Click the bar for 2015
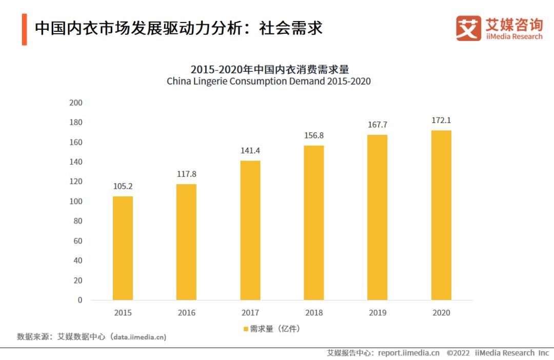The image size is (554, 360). (123, 248)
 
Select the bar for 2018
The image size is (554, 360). (314, 223)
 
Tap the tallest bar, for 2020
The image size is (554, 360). (441, 215)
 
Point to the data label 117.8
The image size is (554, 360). (186, 174)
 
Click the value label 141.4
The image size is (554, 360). (250, 151)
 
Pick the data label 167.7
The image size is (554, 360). (378, 125)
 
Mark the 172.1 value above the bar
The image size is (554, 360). (441, 120)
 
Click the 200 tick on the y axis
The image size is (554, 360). (76, 103)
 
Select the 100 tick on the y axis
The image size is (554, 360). (76, 202)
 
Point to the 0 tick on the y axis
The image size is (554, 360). (80, 300)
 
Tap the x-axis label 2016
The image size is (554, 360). (186, 313)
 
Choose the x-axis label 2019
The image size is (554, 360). (378, 313)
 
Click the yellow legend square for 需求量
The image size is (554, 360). (246, 329)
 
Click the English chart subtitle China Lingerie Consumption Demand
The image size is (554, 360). (268, 82)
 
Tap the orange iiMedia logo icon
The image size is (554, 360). (468, 28)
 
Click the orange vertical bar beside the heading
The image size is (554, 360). (24, 30)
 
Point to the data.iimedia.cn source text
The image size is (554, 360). (140, 337)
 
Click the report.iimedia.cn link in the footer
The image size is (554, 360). (409, 353)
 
